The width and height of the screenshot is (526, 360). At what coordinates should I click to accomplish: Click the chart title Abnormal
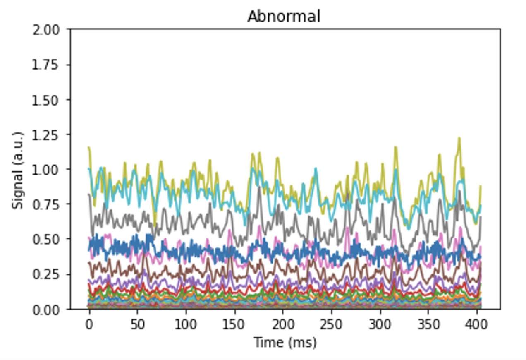(284, 17)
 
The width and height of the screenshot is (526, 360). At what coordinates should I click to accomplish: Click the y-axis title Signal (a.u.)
(17, 170)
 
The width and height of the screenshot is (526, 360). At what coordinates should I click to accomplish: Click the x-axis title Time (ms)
(285, 343)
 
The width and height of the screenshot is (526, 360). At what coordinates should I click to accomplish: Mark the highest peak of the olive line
(459, 138)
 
